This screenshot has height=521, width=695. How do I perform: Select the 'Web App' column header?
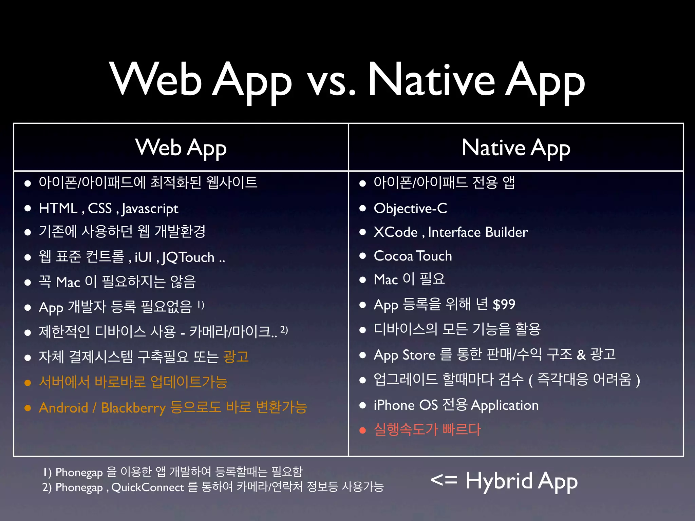tap(181, 148)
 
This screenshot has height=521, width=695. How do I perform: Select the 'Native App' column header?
tap(516, 148)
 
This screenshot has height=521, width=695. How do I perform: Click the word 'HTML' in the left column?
tap(58, 208)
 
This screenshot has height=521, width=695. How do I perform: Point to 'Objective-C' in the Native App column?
tap(410, 208)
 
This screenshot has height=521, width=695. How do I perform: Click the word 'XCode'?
tap(395, 232)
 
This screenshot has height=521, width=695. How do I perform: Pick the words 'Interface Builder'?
tap(478, 232)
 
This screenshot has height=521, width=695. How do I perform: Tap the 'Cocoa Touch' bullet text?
tap(413, 256)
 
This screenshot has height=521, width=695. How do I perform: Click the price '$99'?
tap(504, 305)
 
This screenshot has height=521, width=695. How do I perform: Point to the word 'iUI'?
tap(143, 257)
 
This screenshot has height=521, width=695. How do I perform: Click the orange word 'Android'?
tap(63, 408)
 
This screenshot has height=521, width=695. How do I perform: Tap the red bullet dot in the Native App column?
tap(363, 430)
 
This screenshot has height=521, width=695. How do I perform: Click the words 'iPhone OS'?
tap(406, 405)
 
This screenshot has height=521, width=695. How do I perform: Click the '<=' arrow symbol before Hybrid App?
tap(444, 480)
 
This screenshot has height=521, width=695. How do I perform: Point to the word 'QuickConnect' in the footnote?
tap(147, 487)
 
